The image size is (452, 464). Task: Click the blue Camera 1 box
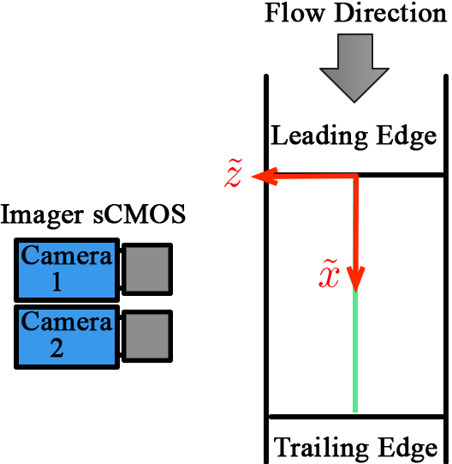pos(67,268)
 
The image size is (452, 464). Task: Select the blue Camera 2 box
pos(67,336)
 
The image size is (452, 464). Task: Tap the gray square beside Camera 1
pos(146,269)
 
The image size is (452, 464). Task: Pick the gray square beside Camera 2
pos(146,336)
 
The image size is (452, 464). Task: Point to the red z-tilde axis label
pos(234,175)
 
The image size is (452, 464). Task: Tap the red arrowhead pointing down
pos(355,279)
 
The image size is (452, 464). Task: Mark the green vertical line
pos(355,352)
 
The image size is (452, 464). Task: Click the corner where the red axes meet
pos(355,177)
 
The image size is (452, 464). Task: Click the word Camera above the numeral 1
pos(67,256)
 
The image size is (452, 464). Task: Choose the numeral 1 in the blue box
pos(57,281)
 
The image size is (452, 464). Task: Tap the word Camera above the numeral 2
pos(67,322)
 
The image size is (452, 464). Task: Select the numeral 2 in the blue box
pos(57,349)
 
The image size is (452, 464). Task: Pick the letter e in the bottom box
pos(431,449)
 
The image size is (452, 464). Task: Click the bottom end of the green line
pos(355,411)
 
